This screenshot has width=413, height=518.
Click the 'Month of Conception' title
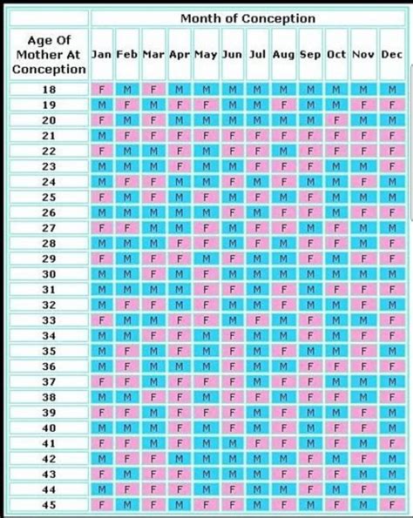(x=248, y=18)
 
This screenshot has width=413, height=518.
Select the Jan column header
(x=102, y=53)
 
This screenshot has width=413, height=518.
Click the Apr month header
(x=179, y=53)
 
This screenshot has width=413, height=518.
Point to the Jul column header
(x=258, y=53)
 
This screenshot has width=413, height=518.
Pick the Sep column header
(x=310, y=53)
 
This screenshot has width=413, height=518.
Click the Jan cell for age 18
(x=102, y=89)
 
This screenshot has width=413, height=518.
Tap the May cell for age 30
(x=206, y=273)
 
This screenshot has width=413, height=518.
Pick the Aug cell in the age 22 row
(x=284, y=151)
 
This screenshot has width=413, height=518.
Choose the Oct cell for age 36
(x=336, y=366)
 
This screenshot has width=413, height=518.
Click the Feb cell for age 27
(x=128, y=227)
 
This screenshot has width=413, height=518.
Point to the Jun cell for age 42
(x=232, y=458)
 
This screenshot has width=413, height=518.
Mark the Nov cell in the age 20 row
(x=362, y=119)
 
